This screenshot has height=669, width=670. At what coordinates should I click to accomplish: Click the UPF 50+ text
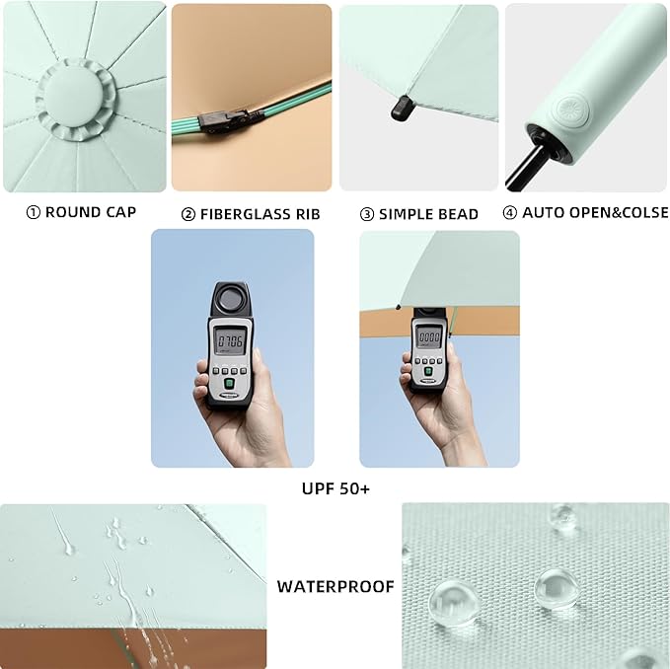pyautogui.click(x=335, y=488)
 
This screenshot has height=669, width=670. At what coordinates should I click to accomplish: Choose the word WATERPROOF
pyautogui.click(x=335, y=586)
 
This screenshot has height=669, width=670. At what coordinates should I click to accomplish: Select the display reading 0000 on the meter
pyautogui.click(x=429, y=336)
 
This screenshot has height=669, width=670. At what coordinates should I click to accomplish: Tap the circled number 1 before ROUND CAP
pyautogui.click(x=33, y=212)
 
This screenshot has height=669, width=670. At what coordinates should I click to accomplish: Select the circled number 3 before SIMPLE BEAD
pyautogui.click(x=366, y=214)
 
